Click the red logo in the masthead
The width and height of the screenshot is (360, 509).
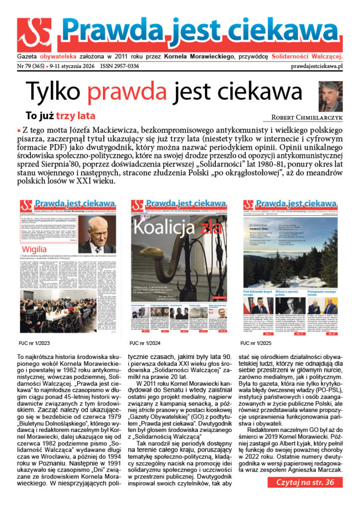tap(34, 35)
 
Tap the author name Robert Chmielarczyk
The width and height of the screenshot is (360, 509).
tap(306, 118)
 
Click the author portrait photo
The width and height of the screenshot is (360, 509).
tap(330, 96)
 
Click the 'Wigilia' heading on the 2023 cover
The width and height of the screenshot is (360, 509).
tap(34, 250)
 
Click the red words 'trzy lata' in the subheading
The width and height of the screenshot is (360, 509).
tap(75, 116)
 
